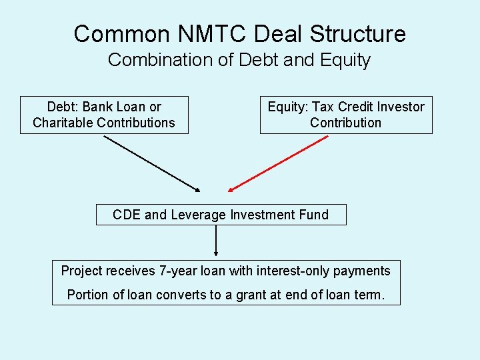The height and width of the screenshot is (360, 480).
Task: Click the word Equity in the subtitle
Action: [x=345, y=60]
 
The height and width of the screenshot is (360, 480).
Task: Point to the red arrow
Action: [x=278, y=164]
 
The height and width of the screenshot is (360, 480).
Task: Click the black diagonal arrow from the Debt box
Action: [x=151, y=164]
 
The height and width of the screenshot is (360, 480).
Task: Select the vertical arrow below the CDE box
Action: [x=216, y=241]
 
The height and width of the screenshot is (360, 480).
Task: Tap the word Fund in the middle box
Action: [x=314, y=215]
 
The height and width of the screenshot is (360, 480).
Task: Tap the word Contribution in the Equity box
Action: [x=345, y=123]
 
